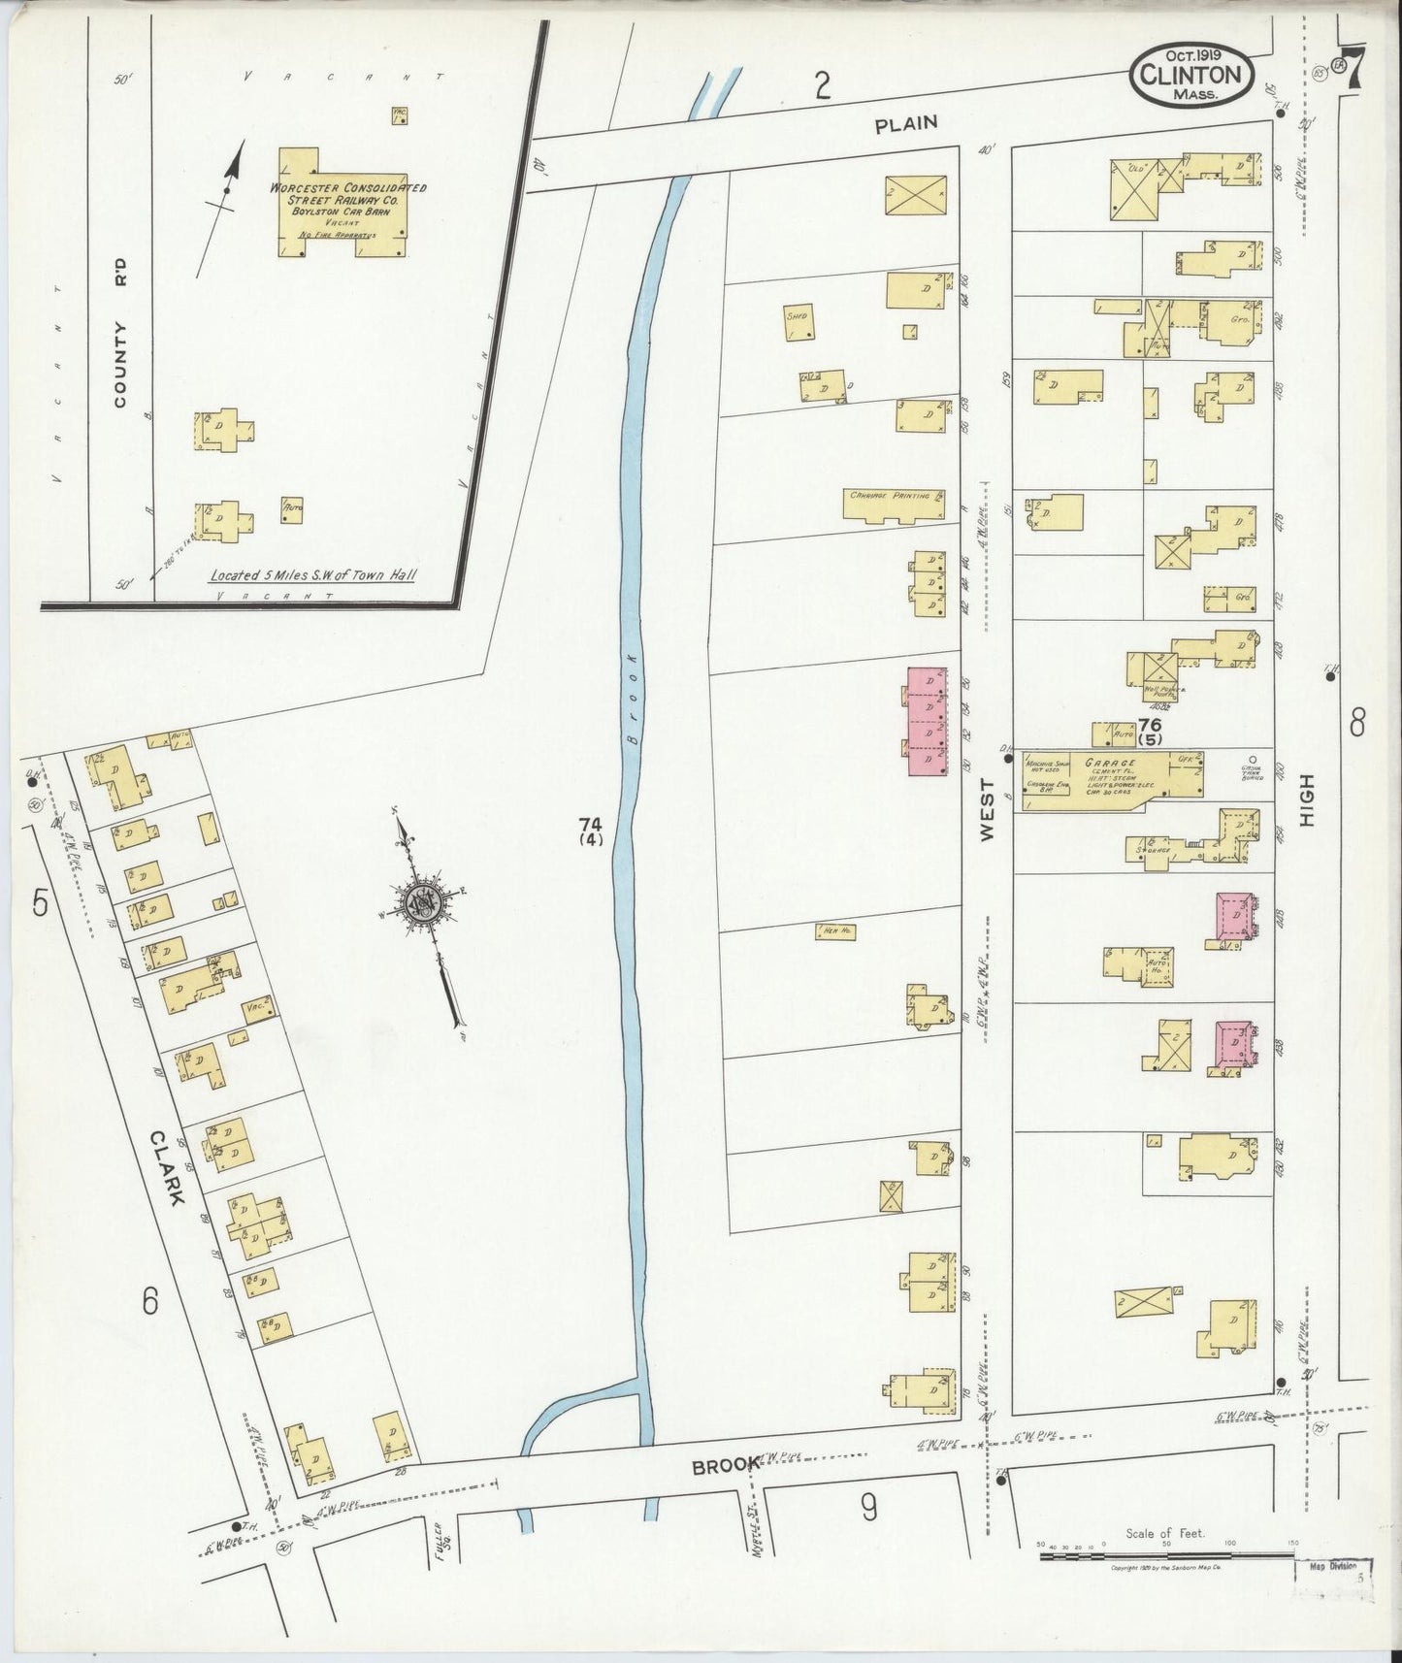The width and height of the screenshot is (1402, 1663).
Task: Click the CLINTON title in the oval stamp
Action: pyautogui.click(x=1190, y=74)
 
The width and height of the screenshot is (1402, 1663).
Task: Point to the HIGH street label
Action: pyautogui.click(x=1306, y=799)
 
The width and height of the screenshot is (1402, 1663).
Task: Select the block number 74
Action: pyautogui.click(x=591, y=826)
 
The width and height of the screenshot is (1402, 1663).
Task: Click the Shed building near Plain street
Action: pyautogui.click(x=799, y=323)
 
